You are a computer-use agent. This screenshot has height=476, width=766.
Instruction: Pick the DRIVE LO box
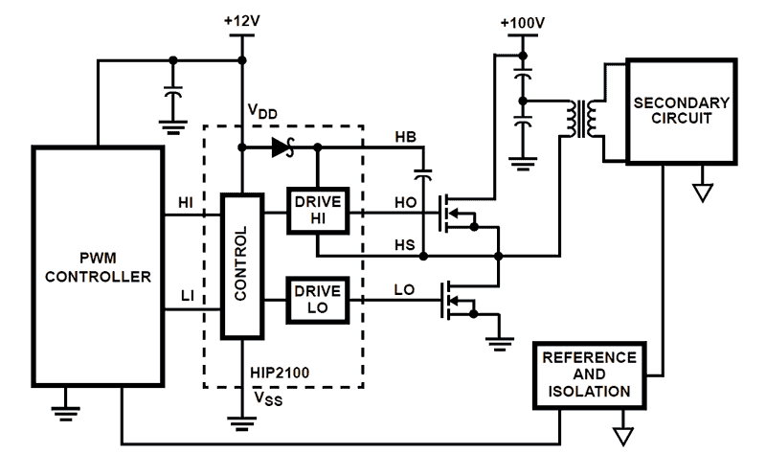point(319,298)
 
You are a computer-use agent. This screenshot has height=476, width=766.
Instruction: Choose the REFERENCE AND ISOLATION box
point(589,374)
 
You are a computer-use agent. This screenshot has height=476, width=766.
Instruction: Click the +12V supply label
point(242,20)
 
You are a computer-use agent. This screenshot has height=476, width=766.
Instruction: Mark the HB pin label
point(406,138)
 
